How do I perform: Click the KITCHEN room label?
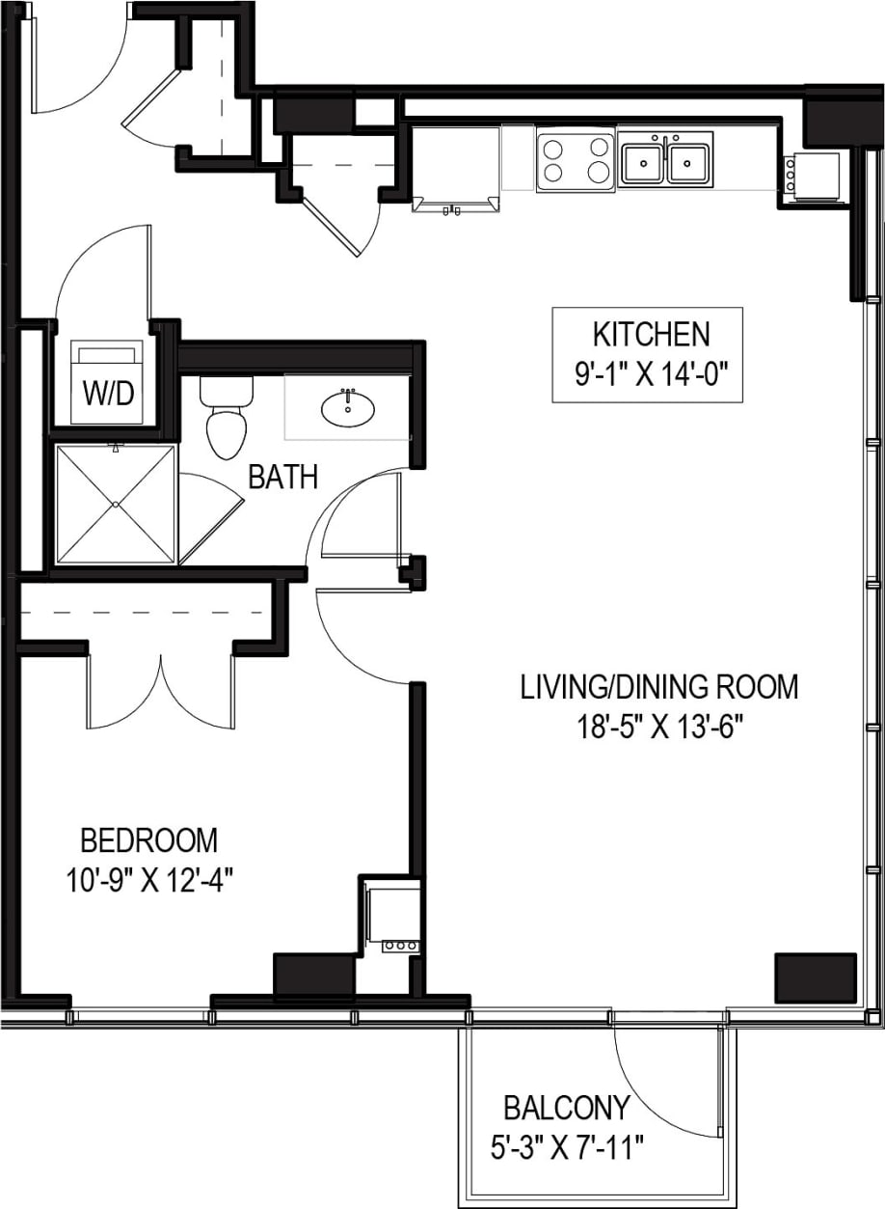(x=651, y=335)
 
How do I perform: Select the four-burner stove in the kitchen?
(x=576, y=160)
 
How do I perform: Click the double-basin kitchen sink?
(x=666, y=160)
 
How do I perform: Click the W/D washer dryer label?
(x=107, y=393)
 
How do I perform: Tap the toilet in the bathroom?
(x=228, y=421)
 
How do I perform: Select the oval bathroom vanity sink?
(x=348, y=408)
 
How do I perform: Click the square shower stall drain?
(x=116, y=503)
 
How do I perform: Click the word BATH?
(x=282, y=477)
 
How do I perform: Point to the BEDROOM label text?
(x=148, y=840)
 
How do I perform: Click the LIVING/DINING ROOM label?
(x=658, y=687)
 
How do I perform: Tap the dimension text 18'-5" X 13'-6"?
(x=658, y=725)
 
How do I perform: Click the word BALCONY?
(x=567, y=1107)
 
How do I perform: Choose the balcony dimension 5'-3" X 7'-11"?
(x=566, y=1148)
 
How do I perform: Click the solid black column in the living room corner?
(x=816, y=977)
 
